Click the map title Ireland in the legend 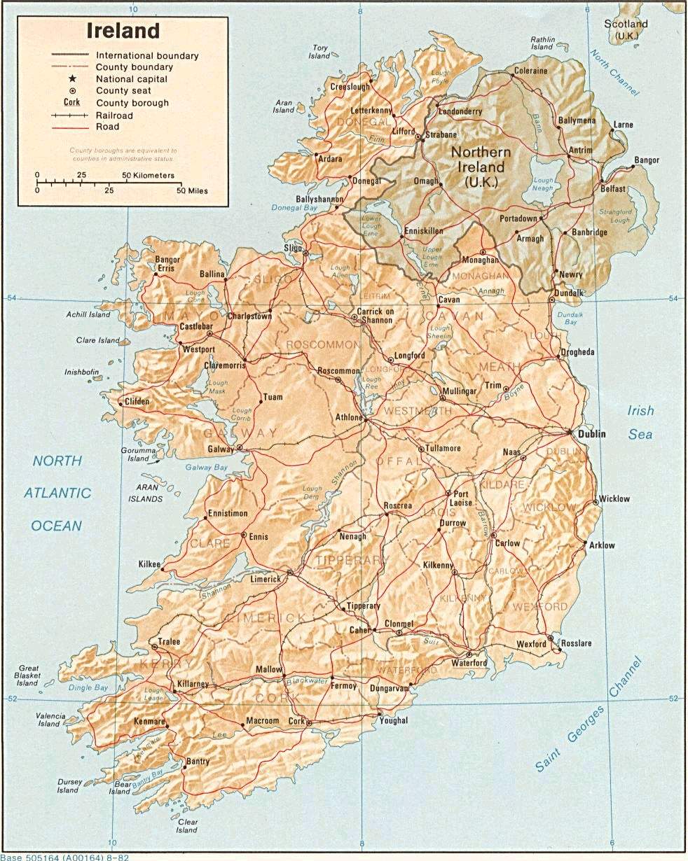tap(123, 31)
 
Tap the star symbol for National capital tap(72, 79)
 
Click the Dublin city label tap(591, 434)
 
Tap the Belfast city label tap(612, 190)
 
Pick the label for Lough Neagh tap(542, 183)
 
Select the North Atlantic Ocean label tap(57, 493)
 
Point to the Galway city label tap(219, 448)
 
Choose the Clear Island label tap(186, 826)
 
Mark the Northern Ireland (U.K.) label tap(481, 167)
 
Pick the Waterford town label tap(469, 662)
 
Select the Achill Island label tap(88, 315)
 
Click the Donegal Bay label tap(294, 208)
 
